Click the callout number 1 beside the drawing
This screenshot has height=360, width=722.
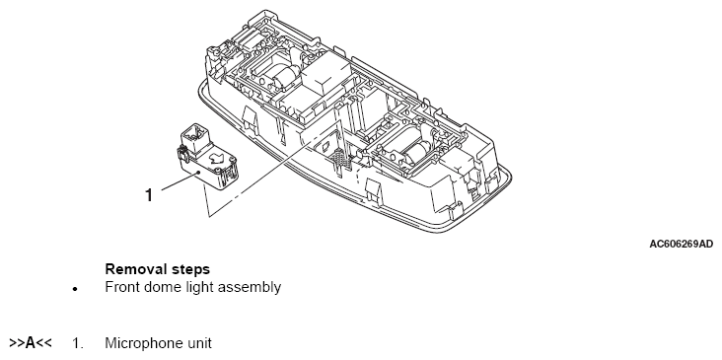click(148, 194)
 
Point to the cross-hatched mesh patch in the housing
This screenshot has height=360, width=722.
click(342, 158)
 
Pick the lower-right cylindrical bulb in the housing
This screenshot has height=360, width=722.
click(416, 151)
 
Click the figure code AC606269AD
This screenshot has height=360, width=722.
click(681, 244)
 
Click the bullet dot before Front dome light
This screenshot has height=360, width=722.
click(75, 290)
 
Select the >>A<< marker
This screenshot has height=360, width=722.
click(31, 343)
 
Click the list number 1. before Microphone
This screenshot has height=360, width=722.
click(77, 343)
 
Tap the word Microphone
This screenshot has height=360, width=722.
click(145, 344)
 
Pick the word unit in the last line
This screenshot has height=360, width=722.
click(200, 344)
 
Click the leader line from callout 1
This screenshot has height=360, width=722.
click(180, 180)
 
